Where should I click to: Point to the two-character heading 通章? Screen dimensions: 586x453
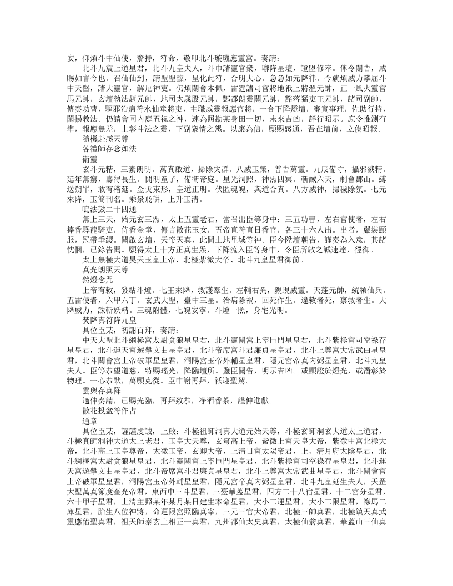pyautogui.click(x=89, y=427)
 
